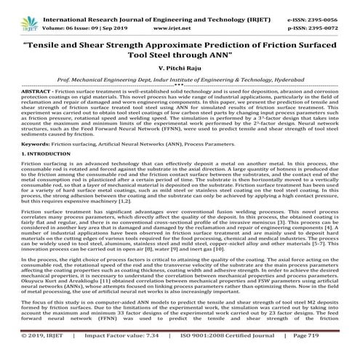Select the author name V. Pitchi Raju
click(179, 66)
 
